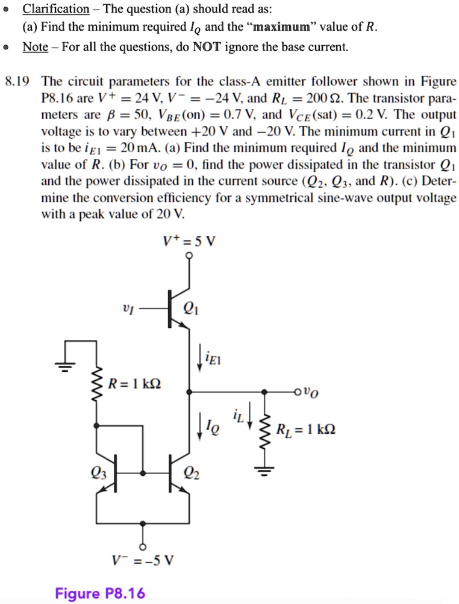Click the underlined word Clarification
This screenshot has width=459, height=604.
[x=56, y=9]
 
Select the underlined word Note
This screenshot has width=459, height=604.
[x=35, y=47]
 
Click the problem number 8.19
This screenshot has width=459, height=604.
[x=17, y=81]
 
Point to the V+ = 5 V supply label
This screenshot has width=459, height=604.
[x=189, y=241]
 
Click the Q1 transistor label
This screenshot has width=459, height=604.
[x=192, y=308]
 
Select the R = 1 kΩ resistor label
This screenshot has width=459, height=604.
[x=134, y=384]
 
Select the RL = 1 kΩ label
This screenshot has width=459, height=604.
[x=305, y=429]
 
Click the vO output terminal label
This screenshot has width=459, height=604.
[x=311, y=392]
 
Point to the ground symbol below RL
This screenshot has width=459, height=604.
[x=264, y=470]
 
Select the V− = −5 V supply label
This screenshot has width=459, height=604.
[x=143, y=560]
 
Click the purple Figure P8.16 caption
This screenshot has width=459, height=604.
[x=100, y=593]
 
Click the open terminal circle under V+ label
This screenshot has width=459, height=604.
[x=189, y=256]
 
